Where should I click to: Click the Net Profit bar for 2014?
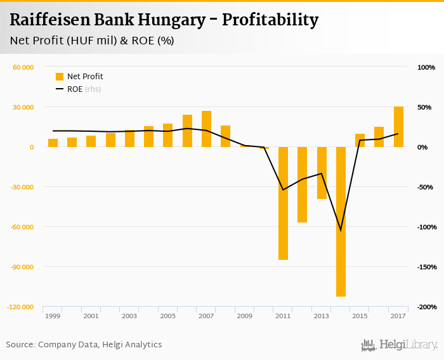pyautogui.click(x=341, y=221)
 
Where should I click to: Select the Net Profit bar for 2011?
pyautogui.click(x=283, y=203)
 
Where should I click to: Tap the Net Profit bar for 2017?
pyautogui.click(x=398, y=127)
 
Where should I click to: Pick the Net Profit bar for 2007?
pyautogui.click(x=206, y=129)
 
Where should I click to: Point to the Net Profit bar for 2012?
pyautogui.click(x=302, y=184)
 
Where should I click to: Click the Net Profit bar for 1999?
pyautogui.click(x=53, y=143)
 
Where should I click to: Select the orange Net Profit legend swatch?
pyautogui.click(x=60, y=77)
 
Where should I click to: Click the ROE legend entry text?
pyautogui.click(x=75, y=89)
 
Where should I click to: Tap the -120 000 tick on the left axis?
pyautogui.click(x=22, y=307)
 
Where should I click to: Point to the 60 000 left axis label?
pyautogui.click(x=23, y=67)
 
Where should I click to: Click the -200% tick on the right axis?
pyautogui.click(x=426, y=307)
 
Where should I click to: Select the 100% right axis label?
pyautogui.click(x=426, y=67)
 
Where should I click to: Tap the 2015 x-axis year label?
pyautogui.click(x=360, y=316)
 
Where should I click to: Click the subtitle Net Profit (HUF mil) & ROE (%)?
pyautogui.click(x=92, y=41)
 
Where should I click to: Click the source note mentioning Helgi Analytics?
pyautogui.click(x=84, y=345)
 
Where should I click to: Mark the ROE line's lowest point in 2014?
pyautogui.click(x=341, y=230)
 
